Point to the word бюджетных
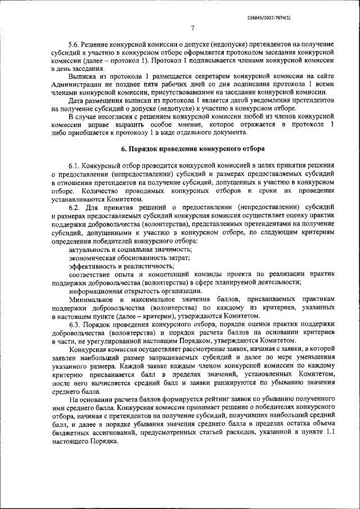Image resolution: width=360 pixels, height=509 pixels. click(x=68, y=434)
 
